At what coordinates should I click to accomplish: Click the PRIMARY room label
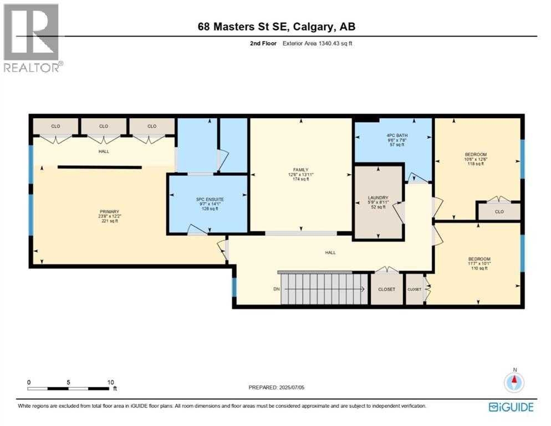point(109,212)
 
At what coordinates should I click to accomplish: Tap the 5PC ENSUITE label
point(210,200)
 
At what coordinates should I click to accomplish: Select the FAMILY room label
point(301,170)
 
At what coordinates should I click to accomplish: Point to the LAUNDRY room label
point(378,197)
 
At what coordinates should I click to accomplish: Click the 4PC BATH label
point(397,135)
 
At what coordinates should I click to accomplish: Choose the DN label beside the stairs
point(277,289)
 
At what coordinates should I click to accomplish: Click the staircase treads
point(324,289)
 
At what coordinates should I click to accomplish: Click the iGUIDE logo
point(511,407)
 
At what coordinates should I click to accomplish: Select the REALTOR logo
point(32,38)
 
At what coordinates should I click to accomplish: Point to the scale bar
point(69,389)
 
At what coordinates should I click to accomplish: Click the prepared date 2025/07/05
point(292,388)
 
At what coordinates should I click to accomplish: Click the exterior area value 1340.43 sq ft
point(335,44)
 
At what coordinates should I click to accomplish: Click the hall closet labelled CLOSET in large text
point(386,289)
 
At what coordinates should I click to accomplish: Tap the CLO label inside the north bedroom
point(499,212)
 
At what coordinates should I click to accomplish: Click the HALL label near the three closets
point(104,151)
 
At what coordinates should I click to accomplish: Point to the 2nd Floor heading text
point(263,44)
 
